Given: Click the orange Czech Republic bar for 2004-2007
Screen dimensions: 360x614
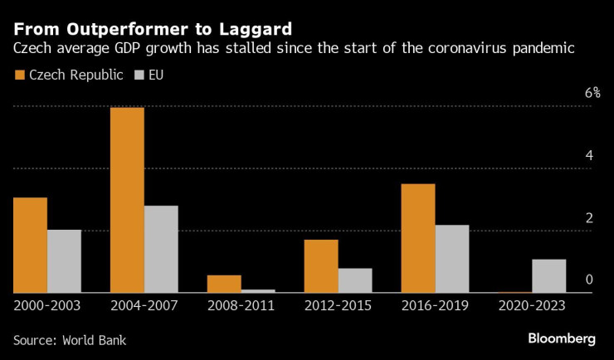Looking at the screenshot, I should pyautogui.click(x=127, y=200).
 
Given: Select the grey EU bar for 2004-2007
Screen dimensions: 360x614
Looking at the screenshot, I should pyautogui.click(x=161, y=249).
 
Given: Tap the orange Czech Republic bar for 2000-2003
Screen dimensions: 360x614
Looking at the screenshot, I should pyautogui.click(x=30, y=245).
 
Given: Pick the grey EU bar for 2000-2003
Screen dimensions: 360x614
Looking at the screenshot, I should pyautogui.click(x=64, y=261).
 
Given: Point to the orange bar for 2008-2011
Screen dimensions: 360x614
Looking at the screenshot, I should pyautogui.click(x=224, y=284).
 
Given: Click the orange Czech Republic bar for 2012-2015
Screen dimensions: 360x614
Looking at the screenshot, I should pyautogui.click(x=321, y=265).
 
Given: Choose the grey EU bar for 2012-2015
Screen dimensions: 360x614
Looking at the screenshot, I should pyautogui.click(x=355, y=280).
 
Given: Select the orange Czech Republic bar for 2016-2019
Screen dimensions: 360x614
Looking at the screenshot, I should pyautogui.click(x=418, y=238).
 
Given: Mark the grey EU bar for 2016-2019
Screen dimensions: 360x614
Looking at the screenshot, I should pyautogui.click(x=452, y=259).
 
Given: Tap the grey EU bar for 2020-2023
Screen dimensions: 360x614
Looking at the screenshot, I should pyautogui.click(x=549, y=276).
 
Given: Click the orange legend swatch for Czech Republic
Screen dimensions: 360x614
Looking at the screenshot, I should pyautogui.click(x=19, y=75).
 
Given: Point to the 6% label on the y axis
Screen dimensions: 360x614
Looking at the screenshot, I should pyautogui.click(x=592, y=93).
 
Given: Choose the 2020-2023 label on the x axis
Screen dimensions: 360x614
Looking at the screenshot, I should pyautogui.click(x=532, y=305).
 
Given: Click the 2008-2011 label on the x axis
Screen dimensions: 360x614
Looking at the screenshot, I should pyautogui.click(x=241, y=305).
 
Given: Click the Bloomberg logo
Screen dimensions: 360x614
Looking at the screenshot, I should pyautogui.click(x=562, y=338).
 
